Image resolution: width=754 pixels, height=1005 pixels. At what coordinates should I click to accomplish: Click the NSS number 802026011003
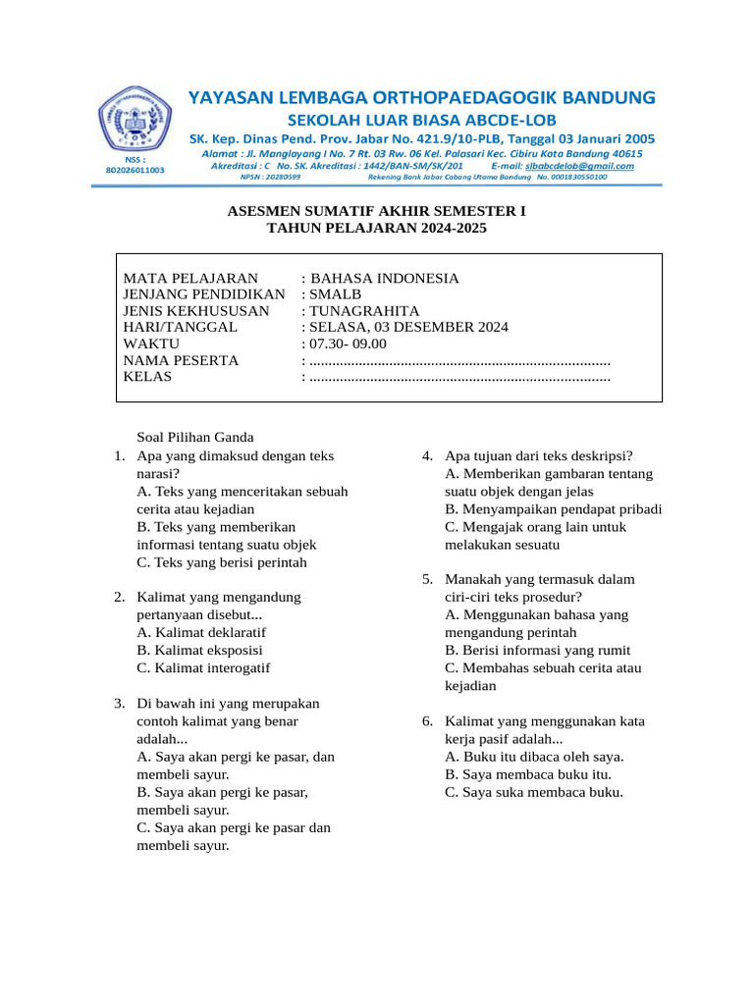click(x=135, y=170)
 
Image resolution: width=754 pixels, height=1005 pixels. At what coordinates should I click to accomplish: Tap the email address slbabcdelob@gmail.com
click(x=579, y=166)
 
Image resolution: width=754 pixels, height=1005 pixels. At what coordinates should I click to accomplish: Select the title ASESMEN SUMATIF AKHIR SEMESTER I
click(x=377, y=211)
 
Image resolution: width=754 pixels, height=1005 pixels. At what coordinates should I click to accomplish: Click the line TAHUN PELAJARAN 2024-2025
click(x=377, y=228)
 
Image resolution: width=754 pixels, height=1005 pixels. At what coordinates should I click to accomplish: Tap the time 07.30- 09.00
click(x=349, y=344)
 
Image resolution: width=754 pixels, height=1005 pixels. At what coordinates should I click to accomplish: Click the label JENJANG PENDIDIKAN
click(x=203, y=295)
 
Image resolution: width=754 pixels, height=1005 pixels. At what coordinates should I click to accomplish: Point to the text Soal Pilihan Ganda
click(x=195, y=438)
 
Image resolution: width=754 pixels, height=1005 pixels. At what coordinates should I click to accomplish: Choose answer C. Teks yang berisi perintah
click(x=222, y=562)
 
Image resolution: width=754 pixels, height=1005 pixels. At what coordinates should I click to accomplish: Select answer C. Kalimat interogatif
click(x=203, y=667)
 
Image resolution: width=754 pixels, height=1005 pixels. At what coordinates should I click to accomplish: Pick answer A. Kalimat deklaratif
click(x=201, y=632)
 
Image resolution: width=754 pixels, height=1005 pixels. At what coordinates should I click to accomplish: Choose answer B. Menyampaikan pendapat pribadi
click(x=553, y=509)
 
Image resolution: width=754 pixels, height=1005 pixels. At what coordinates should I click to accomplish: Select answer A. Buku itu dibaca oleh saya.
click(x=534, y=757)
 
